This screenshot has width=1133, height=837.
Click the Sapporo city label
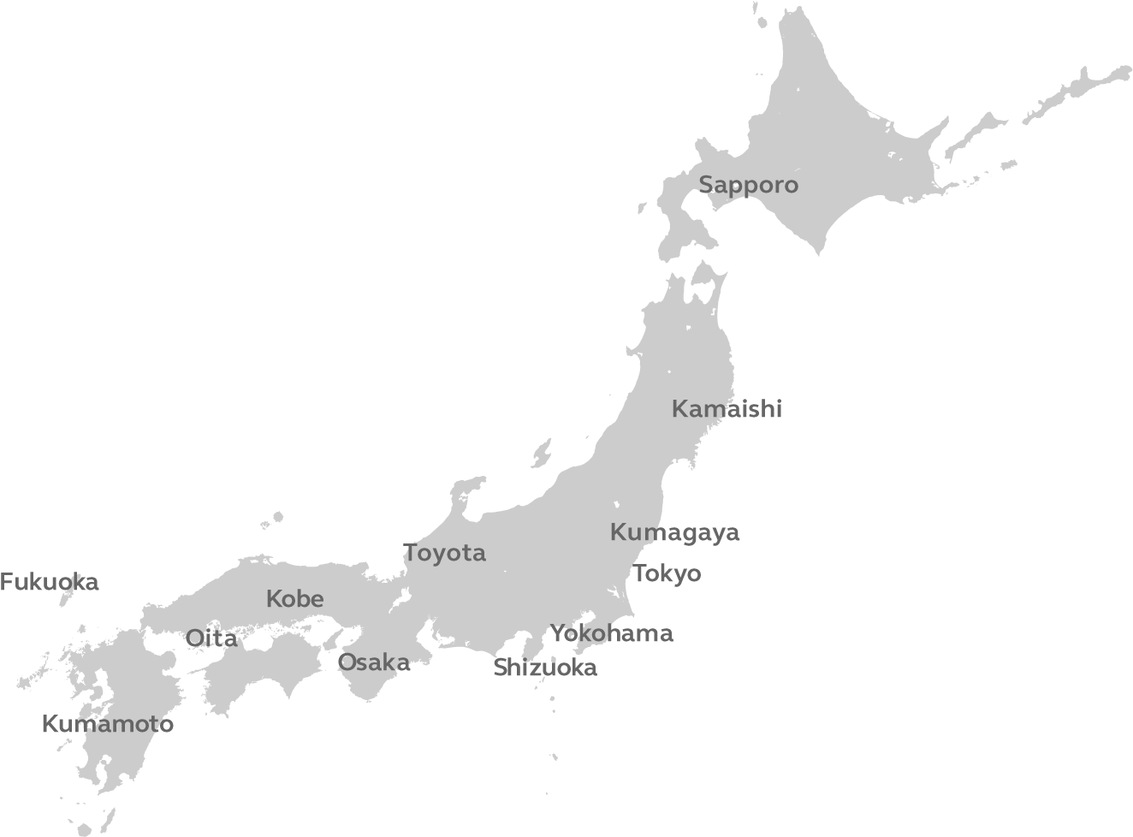748,185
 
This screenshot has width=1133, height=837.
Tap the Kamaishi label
727,409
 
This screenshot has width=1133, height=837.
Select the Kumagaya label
674,532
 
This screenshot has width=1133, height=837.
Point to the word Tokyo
667,573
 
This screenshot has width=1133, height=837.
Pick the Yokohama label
611,634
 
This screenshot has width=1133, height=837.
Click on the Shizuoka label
545,668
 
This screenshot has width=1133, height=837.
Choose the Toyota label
444,554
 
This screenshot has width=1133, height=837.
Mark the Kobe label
294,599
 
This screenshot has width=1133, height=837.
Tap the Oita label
211,638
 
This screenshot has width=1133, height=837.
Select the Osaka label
373,662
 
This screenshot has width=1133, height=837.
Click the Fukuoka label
49,583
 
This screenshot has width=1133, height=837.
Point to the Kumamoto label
107,725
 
